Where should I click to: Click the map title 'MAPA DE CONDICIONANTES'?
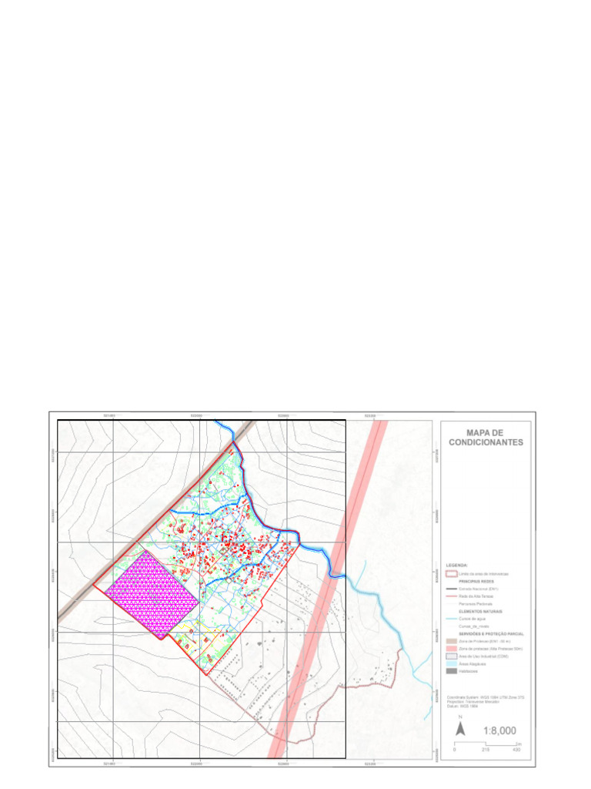pyautogui.click(x=486, y=438)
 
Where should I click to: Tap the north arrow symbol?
pyautogui.click(x=459, y=728)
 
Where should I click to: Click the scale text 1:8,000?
pyautogui.click(x=499, y=730)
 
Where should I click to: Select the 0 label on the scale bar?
pyautogui.click(x=454, y=750)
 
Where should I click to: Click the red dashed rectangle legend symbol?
pyautogui.click(x=451, y=574)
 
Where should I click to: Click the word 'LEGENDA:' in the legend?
pyautogui.click(x=457, y=566)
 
